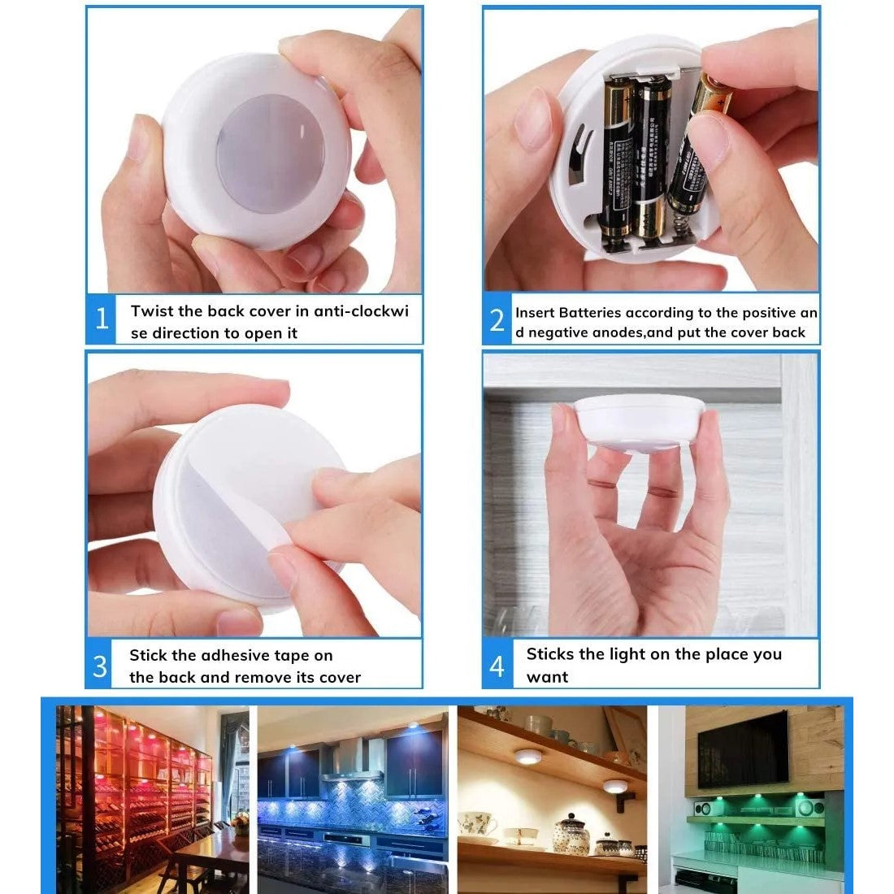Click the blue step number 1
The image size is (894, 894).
point(102,318)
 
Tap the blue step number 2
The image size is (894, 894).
point(497,320)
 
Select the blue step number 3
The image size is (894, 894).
point(100,666)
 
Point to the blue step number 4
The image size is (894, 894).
point(497,666)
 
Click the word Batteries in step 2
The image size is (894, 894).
point(590,312)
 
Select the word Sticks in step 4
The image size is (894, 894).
point(549,654)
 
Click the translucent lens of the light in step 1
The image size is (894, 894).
point(271,154)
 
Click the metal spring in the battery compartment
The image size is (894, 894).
point(679,223)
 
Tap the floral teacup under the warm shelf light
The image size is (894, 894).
point(476,824)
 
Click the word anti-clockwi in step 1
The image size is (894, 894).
point(361,310)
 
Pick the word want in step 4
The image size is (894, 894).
point(547,677)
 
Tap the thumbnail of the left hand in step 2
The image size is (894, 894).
point(534,118)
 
